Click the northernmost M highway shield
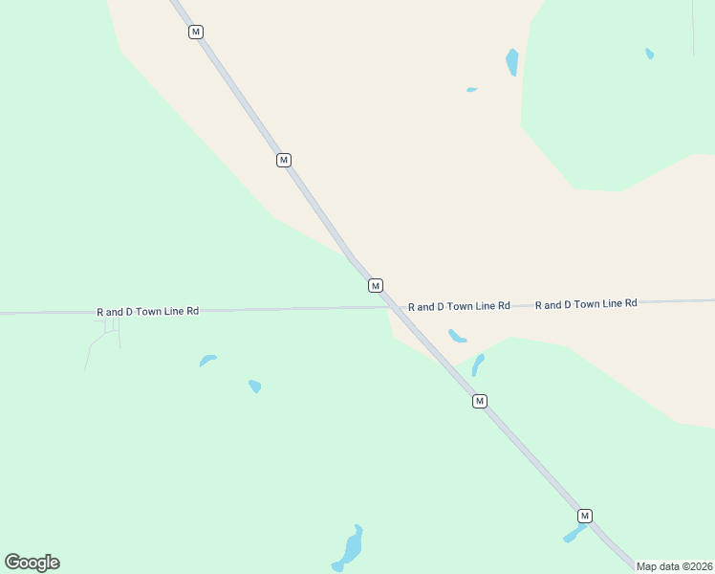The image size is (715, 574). (x=196, y=32)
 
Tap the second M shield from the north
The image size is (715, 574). (x=284, y=160)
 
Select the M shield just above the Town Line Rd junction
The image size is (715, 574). (x=376, y=285)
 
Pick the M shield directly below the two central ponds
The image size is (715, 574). (x=480, y=401)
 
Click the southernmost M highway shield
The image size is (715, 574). (x=585, y=516)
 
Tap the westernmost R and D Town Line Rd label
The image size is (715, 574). (x=147, y=312)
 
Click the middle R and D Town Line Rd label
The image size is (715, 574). (x=459, y=306)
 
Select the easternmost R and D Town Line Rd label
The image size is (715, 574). (x=586, y=303)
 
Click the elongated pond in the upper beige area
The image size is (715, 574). (x=512, y=62)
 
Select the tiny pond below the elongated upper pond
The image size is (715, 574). (x=471, y=90)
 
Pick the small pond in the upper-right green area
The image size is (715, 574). (x=650, y=54)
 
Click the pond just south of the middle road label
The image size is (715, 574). (x=457, y=336)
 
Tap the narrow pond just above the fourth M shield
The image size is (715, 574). (x=477, y=364)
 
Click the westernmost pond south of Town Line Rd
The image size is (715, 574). (x=207, y=361)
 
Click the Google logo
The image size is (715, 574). (x=32, y=563)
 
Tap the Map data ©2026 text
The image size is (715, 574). (x=675, y=566)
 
